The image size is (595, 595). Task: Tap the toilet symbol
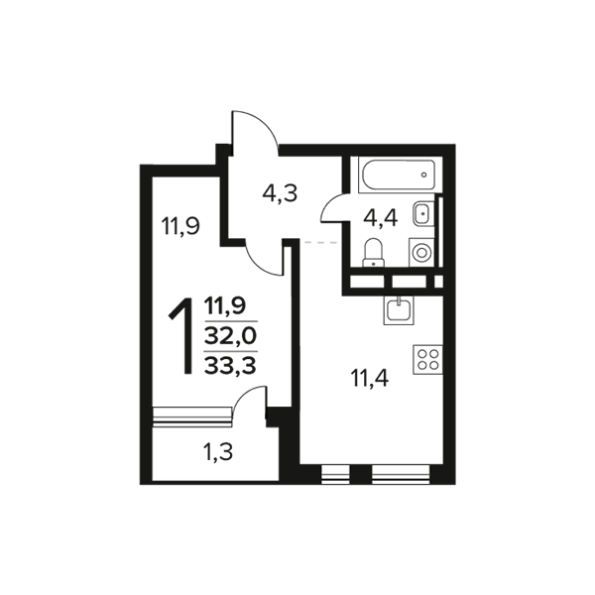click(374, 252)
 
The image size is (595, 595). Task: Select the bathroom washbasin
click(422, 213)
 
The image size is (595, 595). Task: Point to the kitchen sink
click(399, 310)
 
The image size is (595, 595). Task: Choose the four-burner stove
click(428, 359)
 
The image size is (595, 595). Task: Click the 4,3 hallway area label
click(280, 194)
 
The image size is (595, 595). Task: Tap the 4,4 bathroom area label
click(380, 219)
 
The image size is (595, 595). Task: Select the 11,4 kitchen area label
click(370, 379)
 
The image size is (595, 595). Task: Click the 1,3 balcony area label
click(218, 452)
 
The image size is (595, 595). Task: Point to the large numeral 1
click(180, 336)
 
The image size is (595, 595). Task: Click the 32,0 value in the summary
click(230, 336)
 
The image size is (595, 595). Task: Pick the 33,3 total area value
click(230, 366)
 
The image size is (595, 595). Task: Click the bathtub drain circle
click(423, 175)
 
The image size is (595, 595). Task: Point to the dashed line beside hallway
click(321, 242)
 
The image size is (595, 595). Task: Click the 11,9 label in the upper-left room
click(180, 226)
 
